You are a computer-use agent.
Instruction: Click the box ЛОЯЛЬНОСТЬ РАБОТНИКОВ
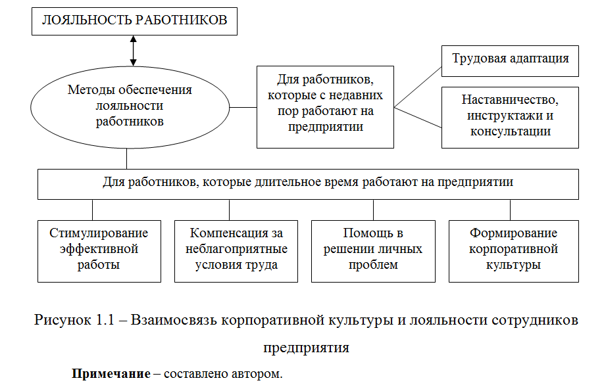(134, 20)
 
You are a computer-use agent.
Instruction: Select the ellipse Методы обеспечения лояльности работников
(129, 106)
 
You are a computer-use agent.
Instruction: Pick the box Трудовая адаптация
(510, 58)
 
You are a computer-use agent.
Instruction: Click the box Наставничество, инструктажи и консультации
(510, 116)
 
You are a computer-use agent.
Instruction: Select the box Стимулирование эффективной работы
(99, 250)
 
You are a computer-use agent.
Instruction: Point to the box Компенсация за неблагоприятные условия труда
(236, 250)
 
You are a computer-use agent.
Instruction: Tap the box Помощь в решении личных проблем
(372, 250)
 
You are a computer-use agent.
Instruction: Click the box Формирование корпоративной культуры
(513, 250)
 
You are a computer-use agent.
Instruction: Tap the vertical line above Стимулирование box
(92, 209)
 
